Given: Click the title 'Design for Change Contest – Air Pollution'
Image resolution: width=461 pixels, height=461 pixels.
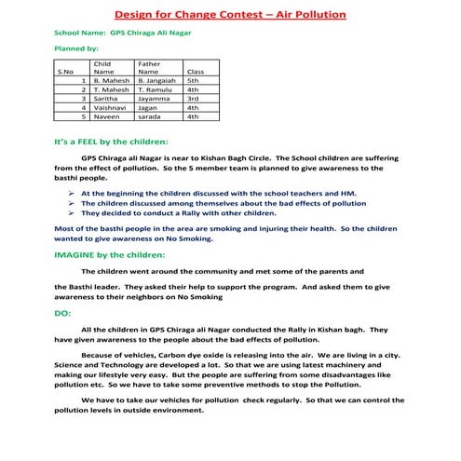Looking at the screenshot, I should click(230, 15).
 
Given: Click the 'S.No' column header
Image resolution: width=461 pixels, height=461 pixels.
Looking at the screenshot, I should click(65, 71).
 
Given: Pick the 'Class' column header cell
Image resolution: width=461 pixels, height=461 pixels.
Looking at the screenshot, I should click(196, 71).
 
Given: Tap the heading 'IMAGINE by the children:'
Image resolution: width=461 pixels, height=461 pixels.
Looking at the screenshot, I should click(110, 254).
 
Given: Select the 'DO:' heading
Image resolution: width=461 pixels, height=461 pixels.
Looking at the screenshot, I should click(63, 314).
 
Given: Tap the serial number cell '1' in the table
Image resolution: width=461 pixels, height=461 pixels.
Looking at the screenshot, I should click(84, 81).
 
